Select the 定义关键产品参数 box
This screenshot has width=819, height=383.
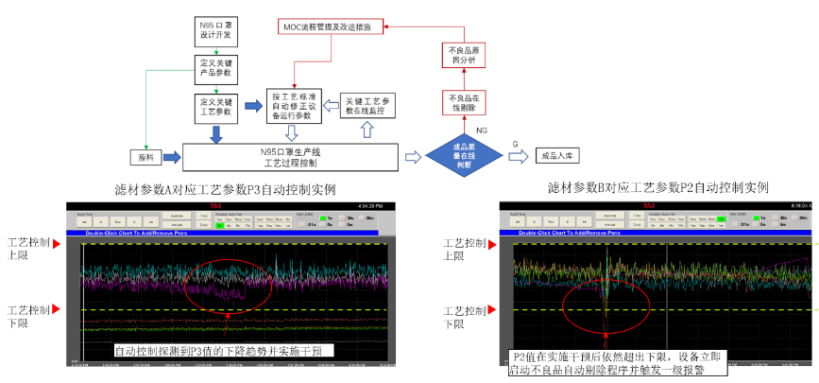click(215, 67)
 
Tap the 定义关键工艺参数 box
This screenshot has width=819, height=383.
click(215, 105)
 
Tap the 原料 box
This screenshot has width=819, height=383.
click(146, 157)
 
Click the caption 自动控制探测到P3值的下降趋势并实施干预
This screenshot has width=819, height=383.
click(224, 351)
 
